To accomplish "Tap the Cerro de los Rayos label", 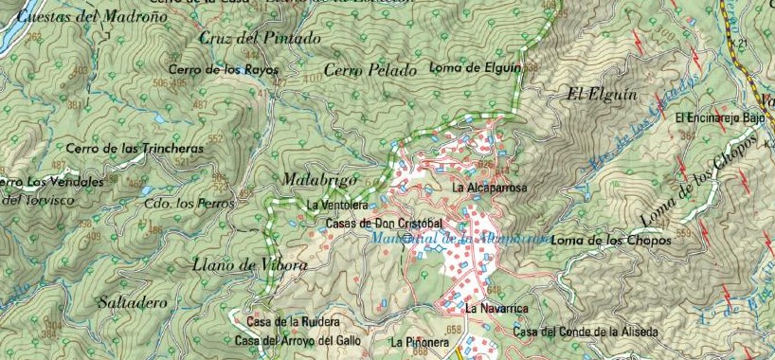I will [x=224, y=70].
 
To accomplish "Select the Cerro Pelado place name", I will [x=370, y=70].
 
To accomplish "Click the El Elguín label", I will [x=602, y=94].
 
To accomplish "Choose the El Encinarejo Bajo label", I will [x=719, y=117].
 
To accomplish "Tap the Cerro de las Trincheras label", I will [x=135, y=149].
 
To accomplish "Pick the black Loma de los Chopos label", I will [x=611, y=241].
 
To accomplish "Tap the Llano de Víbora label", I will [x=249, y=266].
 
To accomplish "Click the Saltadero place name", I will [x=133, y=302].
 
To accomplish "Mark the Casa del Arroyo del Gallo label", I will [x=299, y=340].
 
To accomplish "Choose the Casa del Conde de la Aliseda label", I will [x=586, y=332].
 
